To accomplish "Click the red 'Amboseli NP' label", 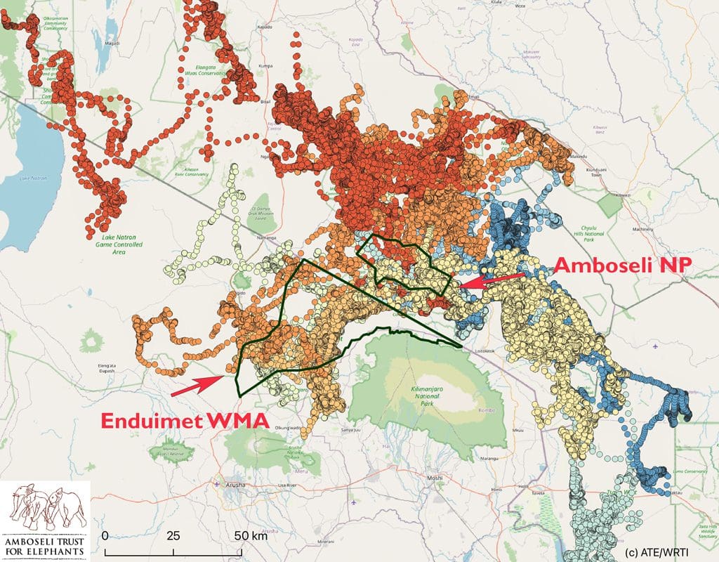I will pos(623,266).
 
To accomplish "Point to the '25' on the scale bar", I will pos(173,535).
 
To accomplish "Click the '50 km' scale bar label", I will pos(249,535).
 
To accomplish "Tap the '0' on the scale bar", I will pos(105,535).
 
